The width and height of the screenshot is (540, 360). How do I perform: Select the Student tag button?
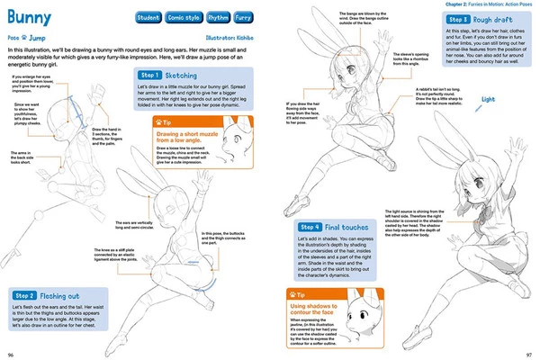coord(149,17)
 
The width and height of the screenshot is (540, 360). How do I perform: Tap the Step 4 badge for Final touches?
coord(311,227)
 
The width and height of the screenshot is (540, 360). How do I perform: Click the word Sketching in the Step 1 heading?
coord(185,76)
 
